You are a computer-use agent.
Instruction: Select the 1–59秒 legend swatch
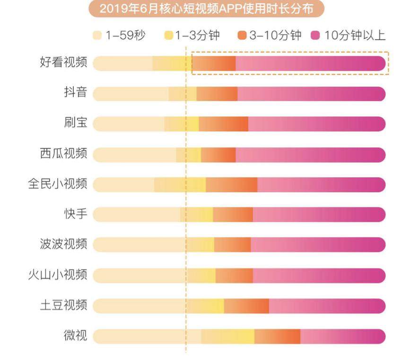coord(97,35)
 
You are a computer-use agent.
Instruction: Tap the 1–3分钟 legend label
coord(197,35)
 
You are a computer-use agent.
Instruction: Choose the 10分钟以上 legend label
coord(355,35)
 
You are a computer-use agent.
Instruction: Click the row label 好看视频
coord(63,63)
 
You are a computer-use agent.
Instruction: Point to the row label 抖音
coord(75,93)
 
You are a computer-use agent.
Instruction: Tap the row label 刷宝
coord(75,124)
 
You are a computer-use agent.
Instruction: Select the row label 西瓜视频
coord(63,154)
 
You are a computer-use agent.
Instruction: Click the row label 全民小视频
coord(57,184)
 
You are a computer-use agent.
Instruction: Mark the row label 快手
coord(75,214)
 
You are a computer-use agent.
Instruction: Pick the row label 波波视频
coord(63,245)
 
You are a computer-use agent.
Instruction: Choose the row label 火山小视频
coord(57,275)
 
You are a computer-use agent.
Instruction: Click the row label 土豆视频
coord(63,305)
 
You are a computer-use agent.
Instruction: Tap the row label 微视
coord(75,336)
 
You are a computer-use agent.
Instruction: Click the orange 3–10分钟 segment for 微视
coord(277,336)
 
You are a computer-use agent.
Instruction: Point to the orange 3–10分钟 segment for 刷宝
coord(223,124)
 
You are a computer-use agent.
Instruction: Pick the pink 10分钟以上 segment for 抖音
coord(311,94)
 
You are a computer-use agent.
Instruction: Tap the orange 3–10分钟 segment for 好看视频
coord(214,63)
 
